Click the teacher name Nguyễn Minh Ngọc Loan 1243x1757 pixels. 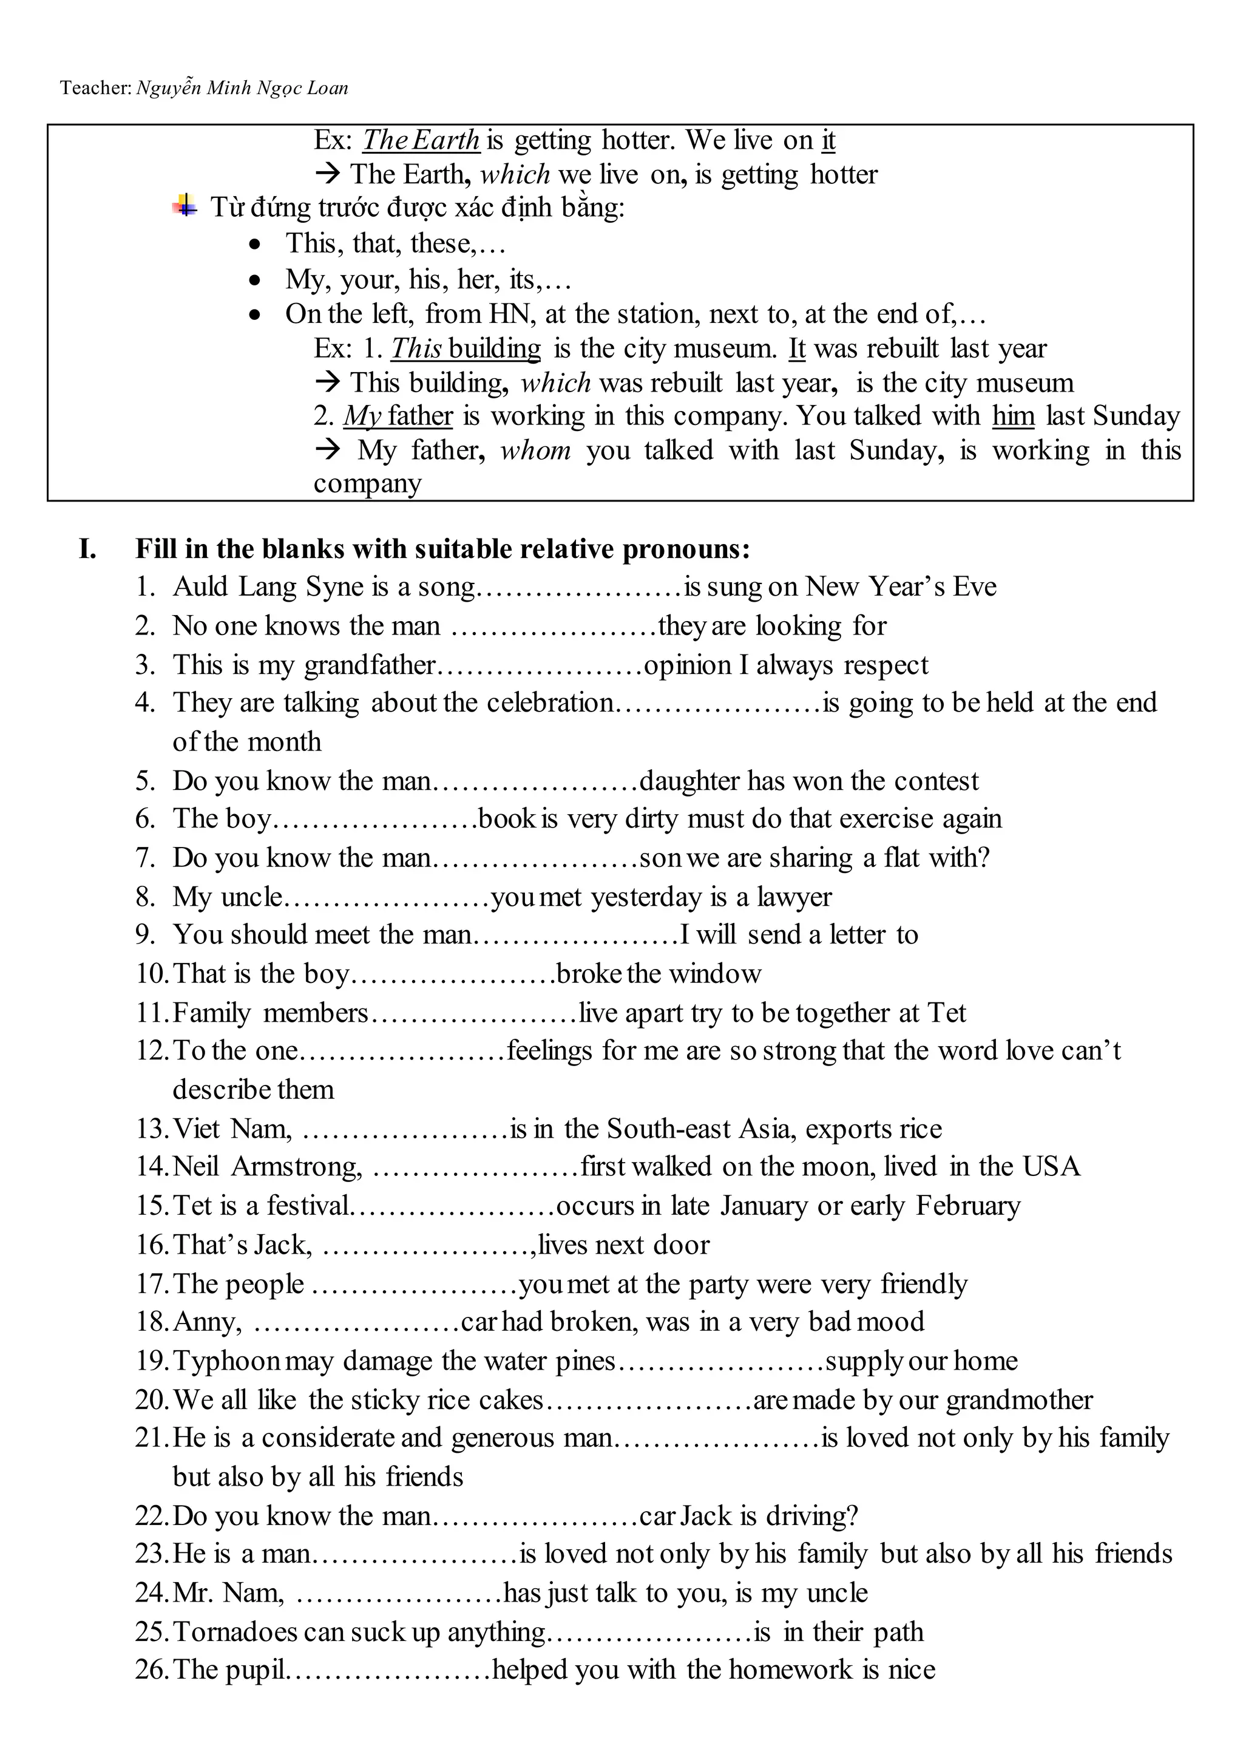[x=242, y=88]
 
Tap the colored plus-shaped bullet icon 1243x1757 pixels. [x=185, y=205]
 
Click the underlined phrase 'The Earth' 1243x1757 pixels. [x=420, y=140]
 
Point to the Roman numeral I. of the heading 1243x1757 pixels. [x=88, y=549]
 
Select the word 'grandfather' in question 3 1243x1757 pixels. [x=370, y=665]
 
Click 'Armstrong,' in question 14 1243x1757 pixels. [x=297, y=1167]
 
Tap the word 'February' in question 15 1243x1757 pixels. [x=967, y=1206]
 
